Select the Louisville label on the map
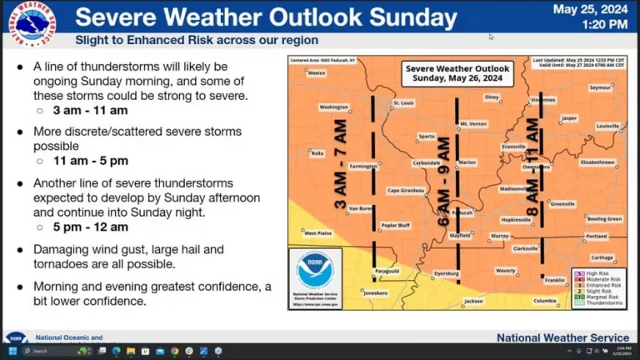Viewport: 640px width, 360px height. (608, 126)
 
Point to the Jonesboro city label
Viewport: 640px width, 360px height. (376, 293)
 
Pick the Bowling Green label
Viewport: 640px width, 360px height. (604, 218)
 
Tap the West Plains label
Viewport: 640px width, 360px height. (317, 232)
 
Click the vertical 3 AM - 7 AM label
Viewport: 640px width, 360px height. (340, 163)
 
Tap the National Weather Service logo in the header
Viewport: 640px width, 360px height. (33, 22)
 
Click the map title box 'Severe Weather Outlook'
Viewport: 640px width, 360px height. (457, 73)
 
